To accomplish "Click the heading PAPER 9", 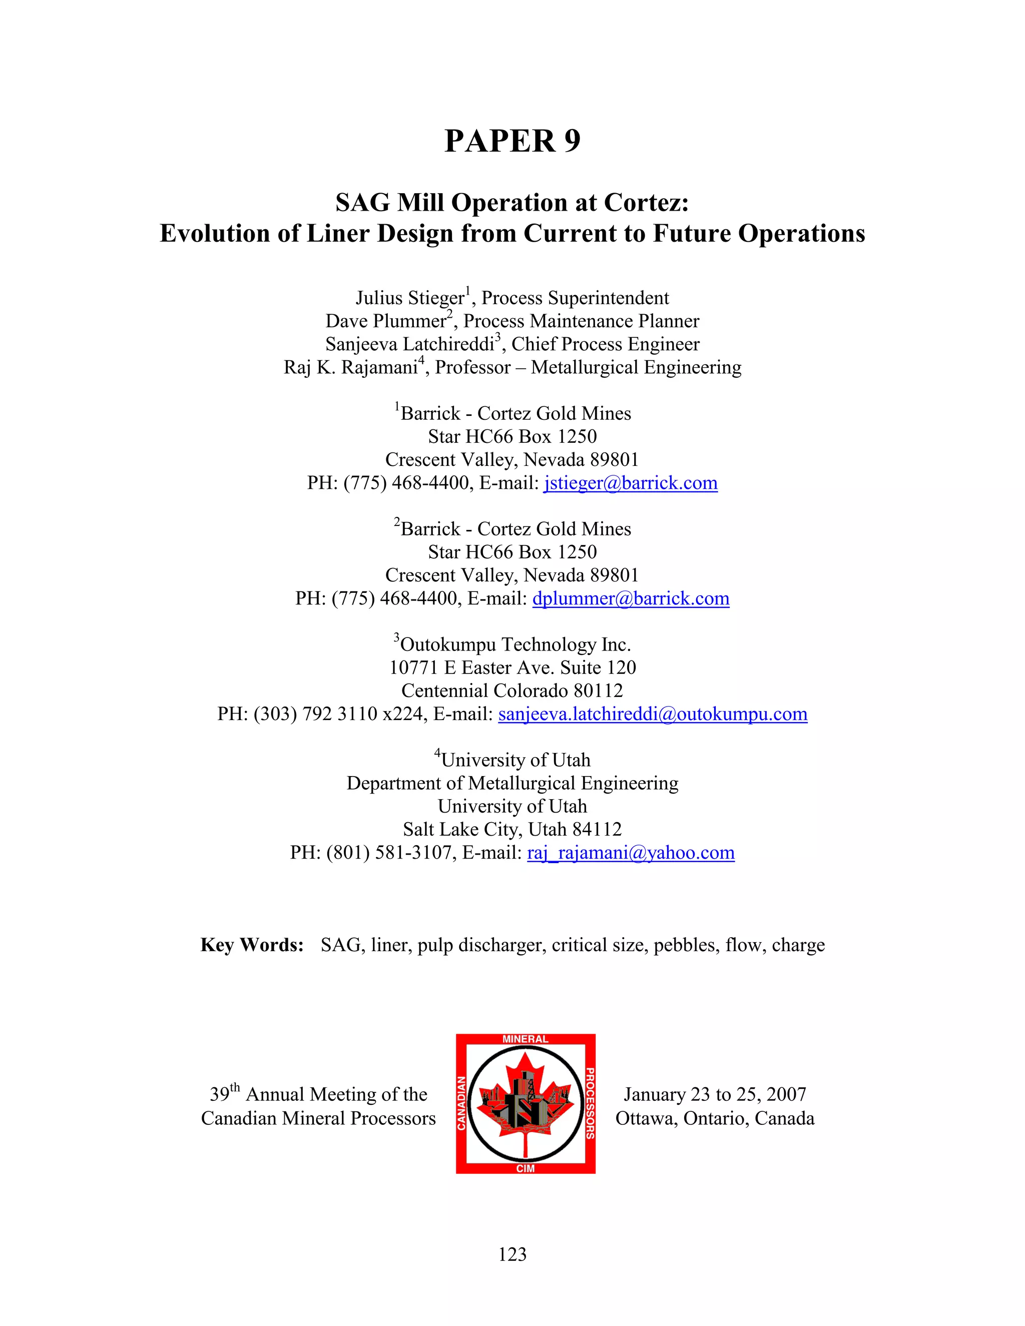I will click(x=512, y=141).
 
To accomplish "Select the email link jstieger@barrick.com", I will click(x=630, y=483).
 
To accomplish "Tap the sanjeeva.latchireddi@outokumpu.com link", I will click(x=653, y=714).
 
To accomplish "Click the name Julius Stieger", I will click(x=410, y=298).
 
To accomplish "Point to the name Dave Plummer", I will click(x=385, y=321).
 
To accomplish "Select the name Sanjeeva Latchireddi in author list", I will click(x=409, y=344).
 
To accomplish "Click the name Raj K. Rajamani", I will click(x=350, y=368).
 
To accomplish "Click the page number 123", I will click(x=512, y=1254).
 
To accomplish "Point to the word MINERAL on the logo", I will click(x=525, y=1039).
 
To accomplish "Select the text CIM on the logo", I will click(x=525, y=1168).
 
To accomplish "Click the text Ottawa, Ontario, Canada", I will click(x=715, y=1118).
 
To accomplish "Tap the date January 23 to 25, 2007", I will click(x=715, y=1094).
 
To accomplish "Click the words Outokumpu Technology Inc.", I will click(x=516, y=645).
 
